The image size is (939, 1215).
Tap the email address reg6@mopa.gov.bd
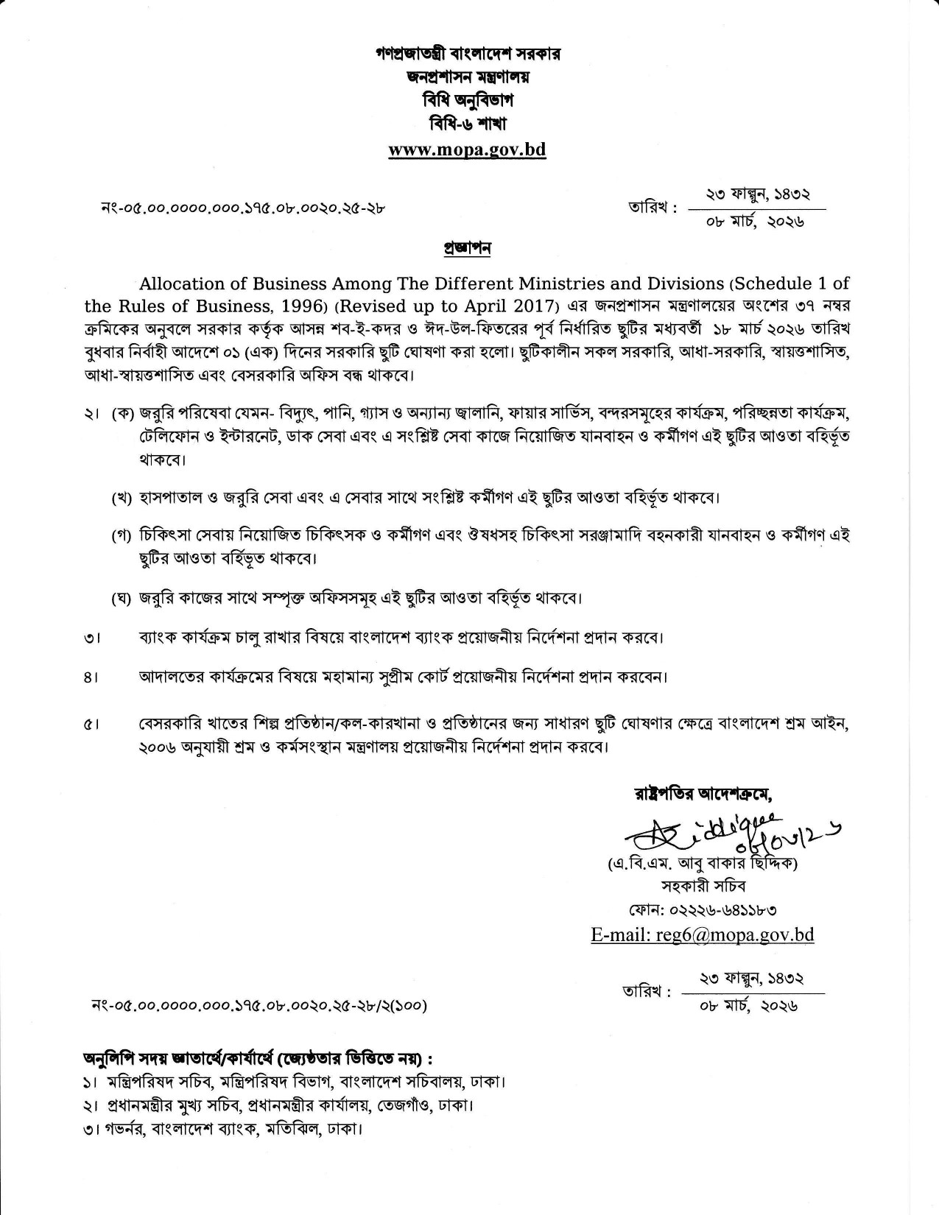[702, 934]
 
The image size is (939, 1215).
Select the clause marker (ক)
[123, 415]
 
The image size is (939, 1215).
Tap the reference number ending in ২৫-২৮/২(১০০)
[258, 1004]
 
